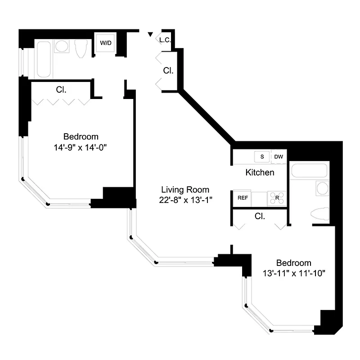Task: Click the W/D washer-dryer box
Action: tap(106, 43)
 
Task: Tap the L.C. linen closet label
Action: tap(165, 40)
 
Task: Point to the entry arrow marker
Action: tap(150, 34)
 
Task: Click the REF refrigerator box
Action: tap(242, 198)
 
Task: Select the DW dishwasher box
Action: tap(279, 157)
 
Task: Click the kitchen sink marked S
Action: tap(261, 157)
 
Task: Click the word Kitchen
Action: tap(260, 172)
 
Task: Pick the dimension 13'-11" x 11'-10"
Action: tap(294, 273)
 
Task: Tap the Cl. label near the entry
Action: tap(168, 71)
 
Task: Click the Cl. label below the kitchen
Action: tap(259, 216)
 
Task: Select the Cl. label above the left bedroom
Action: tap(61, 90)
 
